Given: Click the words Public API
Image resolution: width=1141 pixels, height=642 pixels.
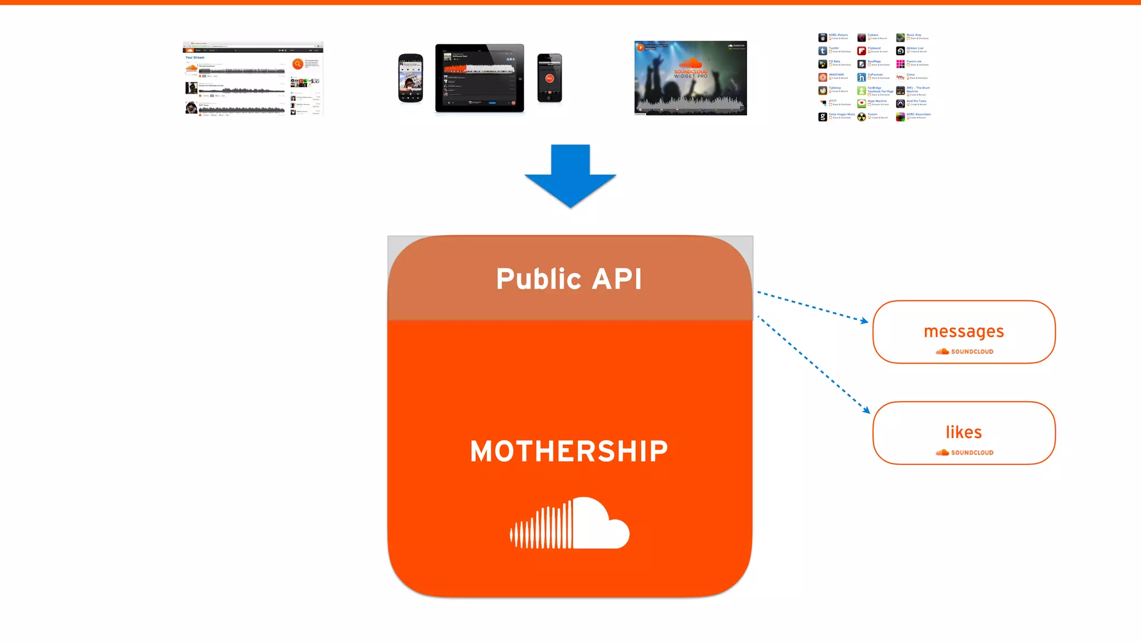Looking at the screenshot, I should [569, 279].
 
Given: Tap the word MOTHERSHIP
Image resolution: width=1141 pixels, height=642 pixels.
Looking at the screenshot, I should [569, 451].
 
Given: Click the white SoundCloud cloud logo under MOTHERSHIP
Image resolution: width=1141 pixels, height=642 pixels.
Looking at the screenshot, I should [570, 523].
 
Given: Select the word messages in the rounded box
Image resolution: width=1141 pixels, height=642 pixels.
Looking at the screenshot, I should [964, 332].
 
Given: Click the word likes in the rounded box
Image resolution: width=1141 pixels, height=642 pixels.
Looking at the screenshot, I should [964, 432].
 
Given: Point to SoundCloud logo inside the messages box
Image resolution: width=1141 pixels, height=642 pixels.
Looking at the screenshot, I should [964, 352].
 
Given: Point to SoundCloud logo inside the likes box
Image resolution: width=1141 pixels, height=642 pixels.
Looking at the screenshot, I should [964, 453].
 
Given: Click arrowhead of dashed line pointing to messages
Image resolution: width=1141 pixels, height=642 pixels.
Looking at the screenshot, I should [865, 321].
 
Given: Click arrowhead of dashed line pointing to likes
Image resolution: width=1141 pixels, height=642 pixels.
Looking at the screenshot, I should [866, 410].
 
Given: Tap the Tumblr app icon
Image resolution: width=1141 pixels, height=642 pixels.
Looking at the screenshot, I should [822, 51].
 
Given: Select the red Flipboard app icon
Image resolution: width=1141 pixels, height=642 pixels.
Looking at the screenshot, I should [861, 51].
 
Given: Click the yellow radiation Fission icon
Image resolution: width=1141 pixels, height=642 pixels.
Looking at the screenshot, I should [861, 117].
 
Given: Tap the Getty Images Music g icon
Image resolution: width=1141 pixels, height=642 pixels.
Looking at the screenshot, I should [822, 117].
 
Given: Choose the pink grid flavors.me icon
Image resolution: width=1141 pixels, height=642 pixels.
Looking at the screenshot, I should [900, 64].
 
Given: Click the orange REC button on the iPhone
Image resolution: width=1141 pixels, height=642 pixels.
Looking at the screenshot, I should [549, 79].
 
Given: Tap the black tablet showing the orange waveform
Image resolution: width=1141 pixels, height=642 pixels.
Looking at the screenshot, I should [480, 78].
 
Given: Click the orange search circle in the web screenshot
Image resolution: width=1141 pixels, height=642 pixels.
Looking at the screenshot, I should [298, 64].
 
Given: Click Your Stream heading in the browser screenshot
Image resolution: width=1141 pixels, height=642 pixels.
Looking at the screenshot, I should [195, 57].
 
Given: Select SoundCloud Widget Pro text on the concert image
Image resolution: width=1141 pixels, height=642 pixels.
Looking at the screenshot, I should [690, 74].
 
